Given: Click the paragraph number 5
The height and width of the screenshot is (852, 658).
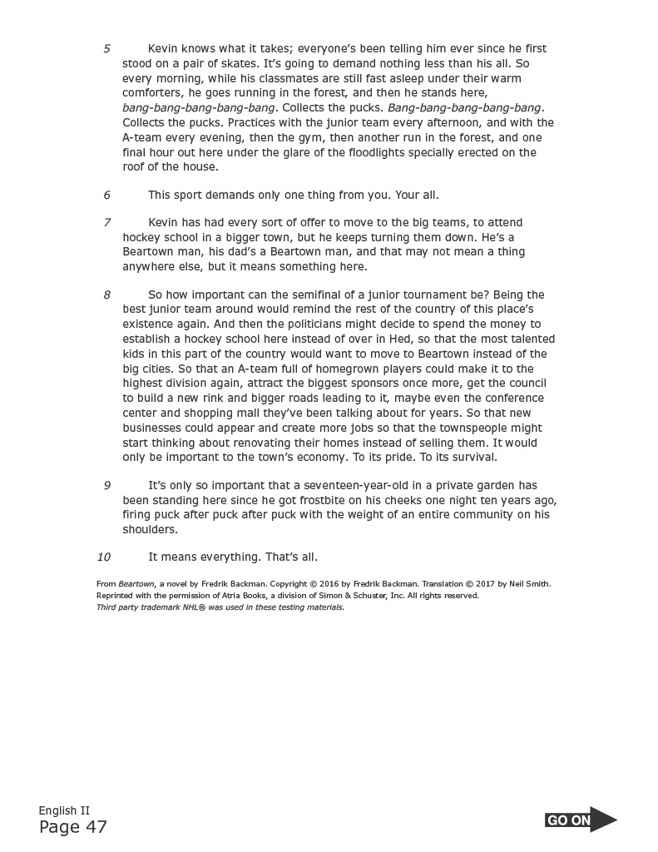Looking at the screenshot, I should click(106, 49).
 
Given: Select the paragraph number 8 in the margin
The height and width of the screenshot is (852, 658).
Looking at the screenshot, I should click(106, 295).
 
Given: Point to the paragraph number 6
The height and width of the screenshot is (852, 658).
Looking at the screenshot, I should click(106, 196).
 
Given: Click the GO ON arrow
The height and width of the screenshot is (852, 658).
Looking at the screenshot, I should click(581, 820).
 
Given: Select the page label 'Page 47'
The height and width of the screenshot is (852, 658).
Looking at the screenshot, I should click(73, 827).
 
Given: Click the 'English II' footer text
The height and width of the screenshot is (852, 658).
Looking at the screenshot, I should click(63, 810).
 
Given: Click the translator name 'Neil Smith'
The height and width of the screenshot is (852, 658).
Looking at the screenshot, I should click(529, 584).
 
